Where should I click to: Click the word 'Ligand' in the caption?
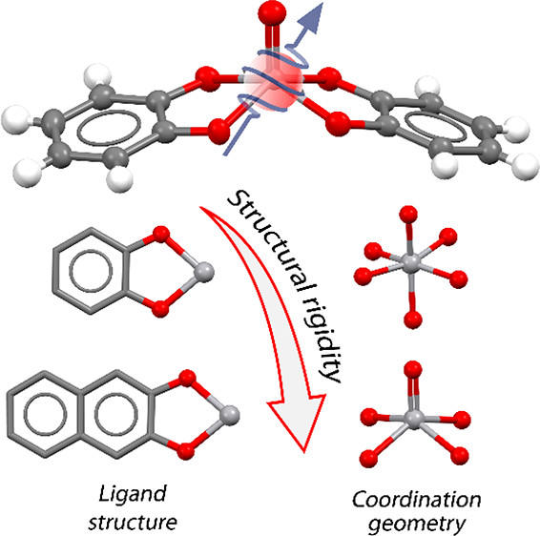(133, 495)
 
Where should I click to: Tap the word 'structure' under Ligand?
(133, 523)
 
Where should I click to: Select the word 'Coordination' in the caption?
(416, 500)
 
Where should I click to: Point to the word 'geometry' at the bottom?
(417, 525)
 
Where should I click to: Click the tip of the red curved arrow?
(304, 452)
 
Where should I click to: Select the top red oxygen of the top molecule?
(272, 13)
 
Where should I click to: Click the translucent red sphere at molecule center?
(273, 84)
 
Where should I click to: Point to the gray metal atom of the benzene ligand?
(204, 272)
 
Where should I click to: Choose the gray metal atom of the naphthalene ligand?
(229, 416)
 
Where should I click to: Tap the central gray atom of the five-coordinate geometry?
(414, 419)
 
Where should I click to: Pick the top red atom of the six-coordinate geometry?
(408, 215)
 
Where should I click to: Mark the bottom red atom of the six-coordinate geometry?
(413, 320)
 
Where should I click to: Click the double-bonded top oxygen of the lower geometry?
(413, 369)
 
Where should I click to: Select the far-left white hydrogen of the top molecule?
(15, 120)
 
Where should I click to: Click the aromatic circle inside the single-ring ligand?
(91, 270)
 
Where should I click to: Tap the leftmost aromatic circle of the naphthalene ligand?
(45, 414)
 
